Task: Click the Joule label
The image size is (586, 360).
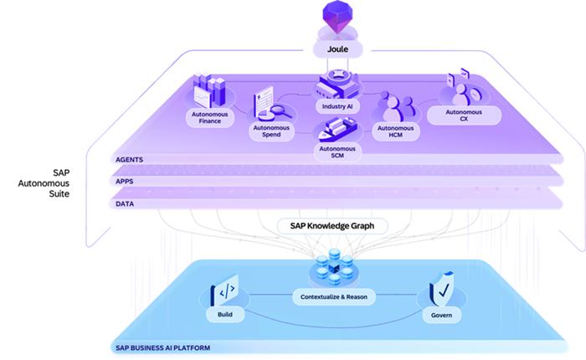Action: click(338, 49)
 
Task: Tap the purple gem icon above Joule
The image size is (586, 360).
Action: click(337, 16)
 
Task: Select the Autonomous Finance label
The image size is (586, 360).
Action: click(209, 118)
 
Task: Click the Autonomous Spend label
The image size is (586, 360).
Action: click(271, 131)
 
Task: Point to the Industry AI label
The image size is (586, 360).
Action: click(337, 106)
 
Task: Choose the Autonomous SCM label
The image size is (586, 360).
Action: click(337, 152)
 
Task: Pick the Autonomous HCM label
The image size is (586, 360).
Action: click(395, 131)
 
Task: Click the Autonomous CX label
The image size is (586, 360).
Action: click(464, 116)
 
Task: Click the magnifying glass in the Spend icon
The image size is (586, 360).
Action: click(281, 111)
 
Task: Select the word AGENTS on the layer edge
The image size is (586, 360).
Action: click(129, 160)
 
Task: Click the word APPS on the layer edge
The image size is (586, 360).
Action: click(125, 182)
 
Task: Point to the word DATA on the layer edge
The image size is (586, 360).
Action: click(125, 203)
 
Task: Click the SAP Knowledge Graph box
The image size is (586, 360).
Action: click(332, 226)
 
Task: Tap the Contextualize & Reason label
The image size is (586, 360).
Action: click(334, 297)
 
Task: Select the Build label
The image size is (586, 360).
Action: click(225, 315)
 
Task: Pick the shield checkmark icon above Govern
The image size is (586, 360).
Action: click(442, 290)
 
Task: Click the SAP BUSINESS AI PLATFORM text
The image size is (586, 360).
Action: click(163, 348)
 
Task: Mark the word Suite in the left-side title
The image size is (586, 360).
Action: click(59, 193)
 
